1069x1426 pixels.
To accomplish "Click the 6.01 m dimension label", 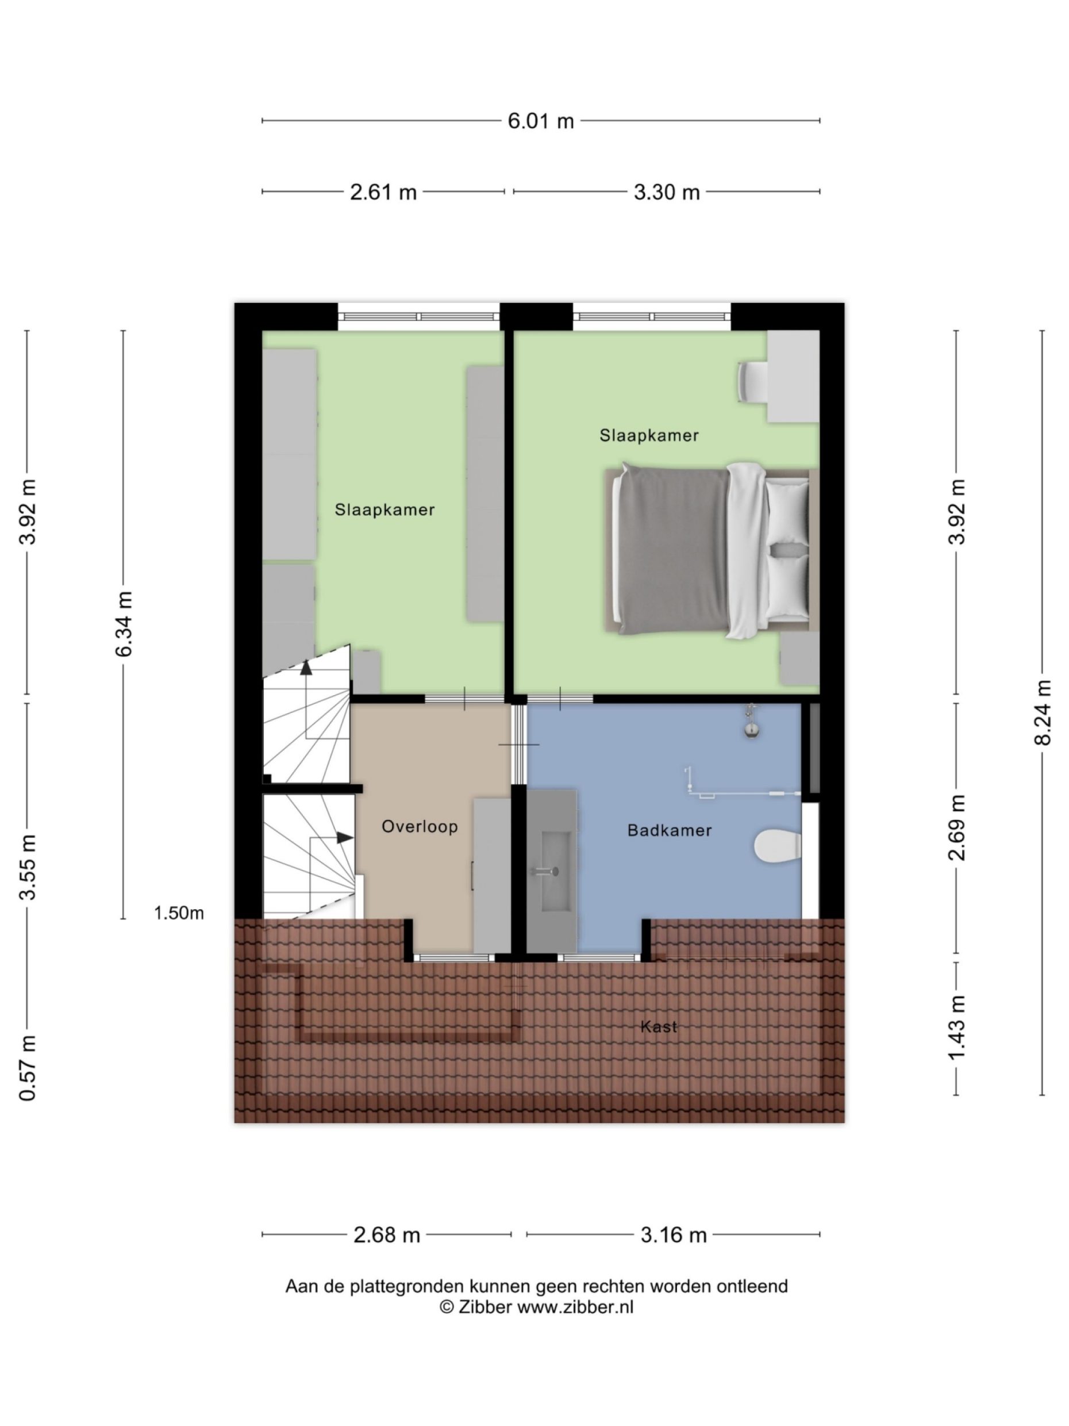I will click(540, 121).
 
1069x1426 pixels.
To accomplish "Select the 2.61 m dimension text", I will click(383, 192).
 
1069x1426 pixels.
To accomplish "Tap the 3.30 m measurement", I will click(666, 192).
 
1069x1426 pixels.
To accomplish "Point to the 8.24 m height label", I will click(1043, 712).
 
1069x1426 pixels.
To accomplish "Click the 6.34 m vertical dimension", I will click(124, 623).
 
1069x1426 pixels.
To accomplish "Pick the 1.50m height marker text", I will click(179, 913).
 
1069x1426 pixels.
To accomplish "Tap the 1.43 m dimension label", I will click(957, 1027).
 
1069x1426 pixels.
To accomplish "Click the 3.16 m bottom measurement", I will click(674, 1235).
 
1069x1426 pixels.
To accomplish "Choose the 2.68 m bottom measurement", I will click(387, 1235).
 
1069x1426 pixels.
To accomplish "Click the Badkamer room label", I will click(670, 830).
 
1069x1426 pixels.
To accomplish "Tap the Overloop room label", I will click(420, 826).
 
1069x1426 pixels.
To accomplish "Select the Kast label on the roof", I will click(659, 1026).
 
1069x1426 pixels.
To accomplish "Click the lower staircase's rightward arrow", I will click(345, 837).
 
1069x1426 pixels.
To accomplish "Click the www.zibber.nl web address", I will click(575, 1307).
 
